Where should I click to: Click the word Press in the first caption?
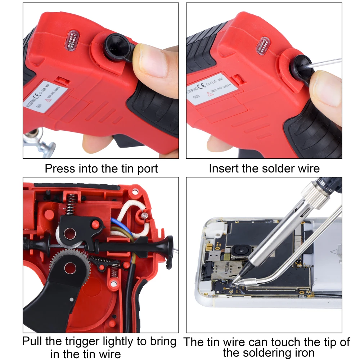[x=60, y=168]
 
